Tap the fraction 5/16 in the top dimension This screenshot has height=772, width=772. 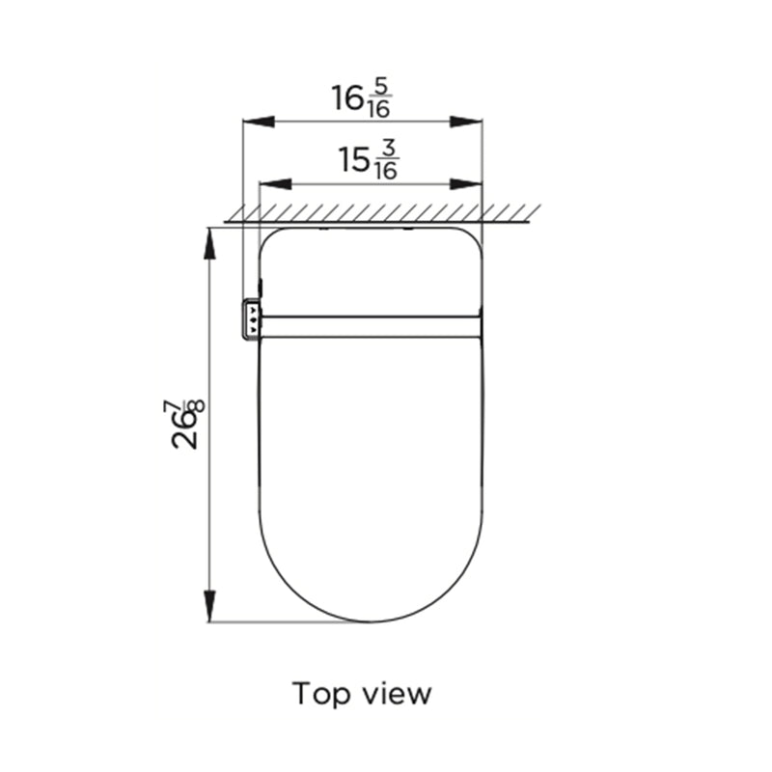[379, 99]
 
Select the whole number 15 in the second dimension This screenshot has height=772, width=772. [354, 160]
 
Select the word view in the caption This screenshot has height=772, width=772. [395, 694]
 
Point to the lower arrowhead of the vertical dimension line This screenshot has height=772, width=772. [208, 607]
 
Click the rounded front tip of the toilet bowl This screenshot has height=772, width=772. [372, 620]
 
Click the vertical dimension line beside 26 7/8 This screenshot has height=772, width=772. [208, 502]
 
